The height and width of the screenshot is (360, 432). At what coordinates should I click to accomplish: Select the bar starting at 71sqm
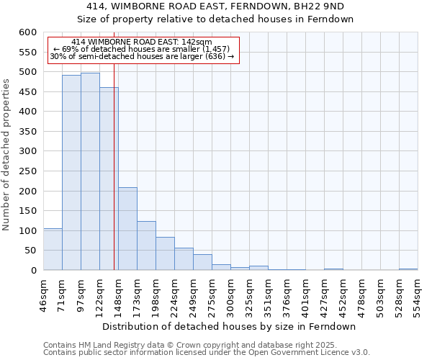(x=71, y=173)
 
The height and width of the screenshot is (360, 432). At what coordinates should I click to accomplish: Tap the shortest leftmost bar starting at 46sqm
(x=53, y=249)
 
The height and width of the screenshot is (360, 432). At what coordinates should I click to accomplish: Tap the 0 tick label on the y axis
(x=33, y=271)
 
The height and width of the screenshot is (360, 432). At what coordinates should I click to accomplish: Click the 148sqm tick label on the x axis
(x=118, y=293)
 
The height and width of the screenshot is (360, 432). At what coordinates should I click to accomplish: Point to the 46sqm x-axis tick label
(x=43, y=293)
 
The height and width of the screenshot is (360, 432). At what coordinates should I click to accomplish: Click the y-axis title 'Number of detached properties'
(x=6, y=155)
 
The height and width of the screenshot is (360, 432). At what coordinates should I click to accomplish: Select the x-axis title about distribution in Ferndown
(x=229, y=326)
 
